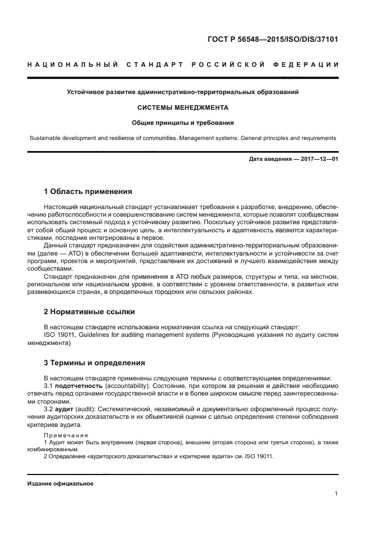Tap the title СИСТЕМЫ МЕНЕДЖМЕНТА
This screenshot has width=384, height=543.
(183, 107)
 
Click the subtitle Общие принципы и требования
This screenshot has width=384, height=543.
(183, 123)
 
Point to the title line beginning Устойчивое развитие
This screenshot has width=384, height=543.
(183, 92)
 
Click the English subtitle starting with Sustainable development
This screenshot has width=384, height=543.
(183, 138)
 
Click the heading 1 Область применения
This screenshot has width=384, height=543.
(88, 191)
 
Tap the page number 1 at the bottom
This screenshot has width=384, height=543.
(336, 494)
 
